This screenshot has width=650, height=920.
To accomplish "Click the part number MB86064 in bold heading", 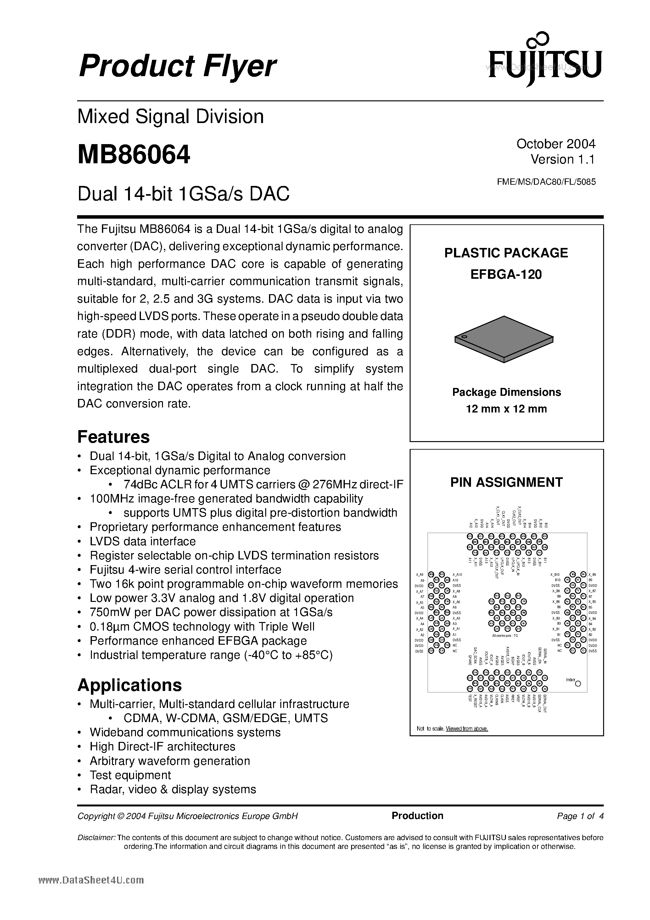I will [x=133, y=155].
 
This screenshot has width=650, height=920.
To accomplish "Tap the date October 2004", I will [x=555, y=143].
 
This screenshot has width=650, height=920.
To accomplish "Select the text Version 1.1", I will [x=562, y=160].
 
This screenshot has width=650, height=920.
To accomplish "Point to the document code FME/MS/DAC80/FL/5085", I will [x=546, y=182].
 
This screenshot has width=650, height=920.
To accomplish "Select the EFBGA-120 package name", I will [x=506, y=274].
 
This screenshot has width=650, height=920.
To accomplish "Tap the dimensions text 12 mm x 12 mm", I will [x=506, y=409].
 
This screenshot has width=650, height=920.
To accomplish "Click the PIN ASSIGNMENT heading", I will [x=506, y=482].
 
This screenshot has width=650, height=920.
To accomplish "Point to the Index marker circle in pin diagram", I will [x=578, y=684].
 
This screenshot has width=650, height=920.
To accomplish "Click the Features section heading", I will [x=113, y=437].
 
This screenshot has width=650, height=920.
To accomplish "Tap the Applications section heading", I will [x=129, y=685].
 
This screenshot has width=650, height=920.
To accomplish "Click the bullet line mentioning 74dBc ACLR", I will [x=263, y=485].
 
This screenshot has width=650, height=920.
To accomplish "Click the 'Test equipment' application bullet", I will [x=130, y=775].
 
